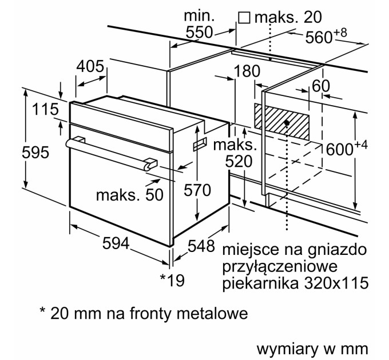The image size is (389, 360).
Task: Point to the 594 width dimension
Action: (114, 244)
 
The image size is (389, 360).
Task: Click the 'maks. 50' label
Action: (129, 194)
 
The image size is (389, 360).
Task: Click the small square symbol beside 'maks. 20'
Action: (245, 18)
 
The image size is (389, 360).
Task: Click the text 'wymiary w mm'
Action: (309, 349)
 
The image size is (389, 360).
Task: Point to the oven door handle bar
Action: (109, 153)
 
